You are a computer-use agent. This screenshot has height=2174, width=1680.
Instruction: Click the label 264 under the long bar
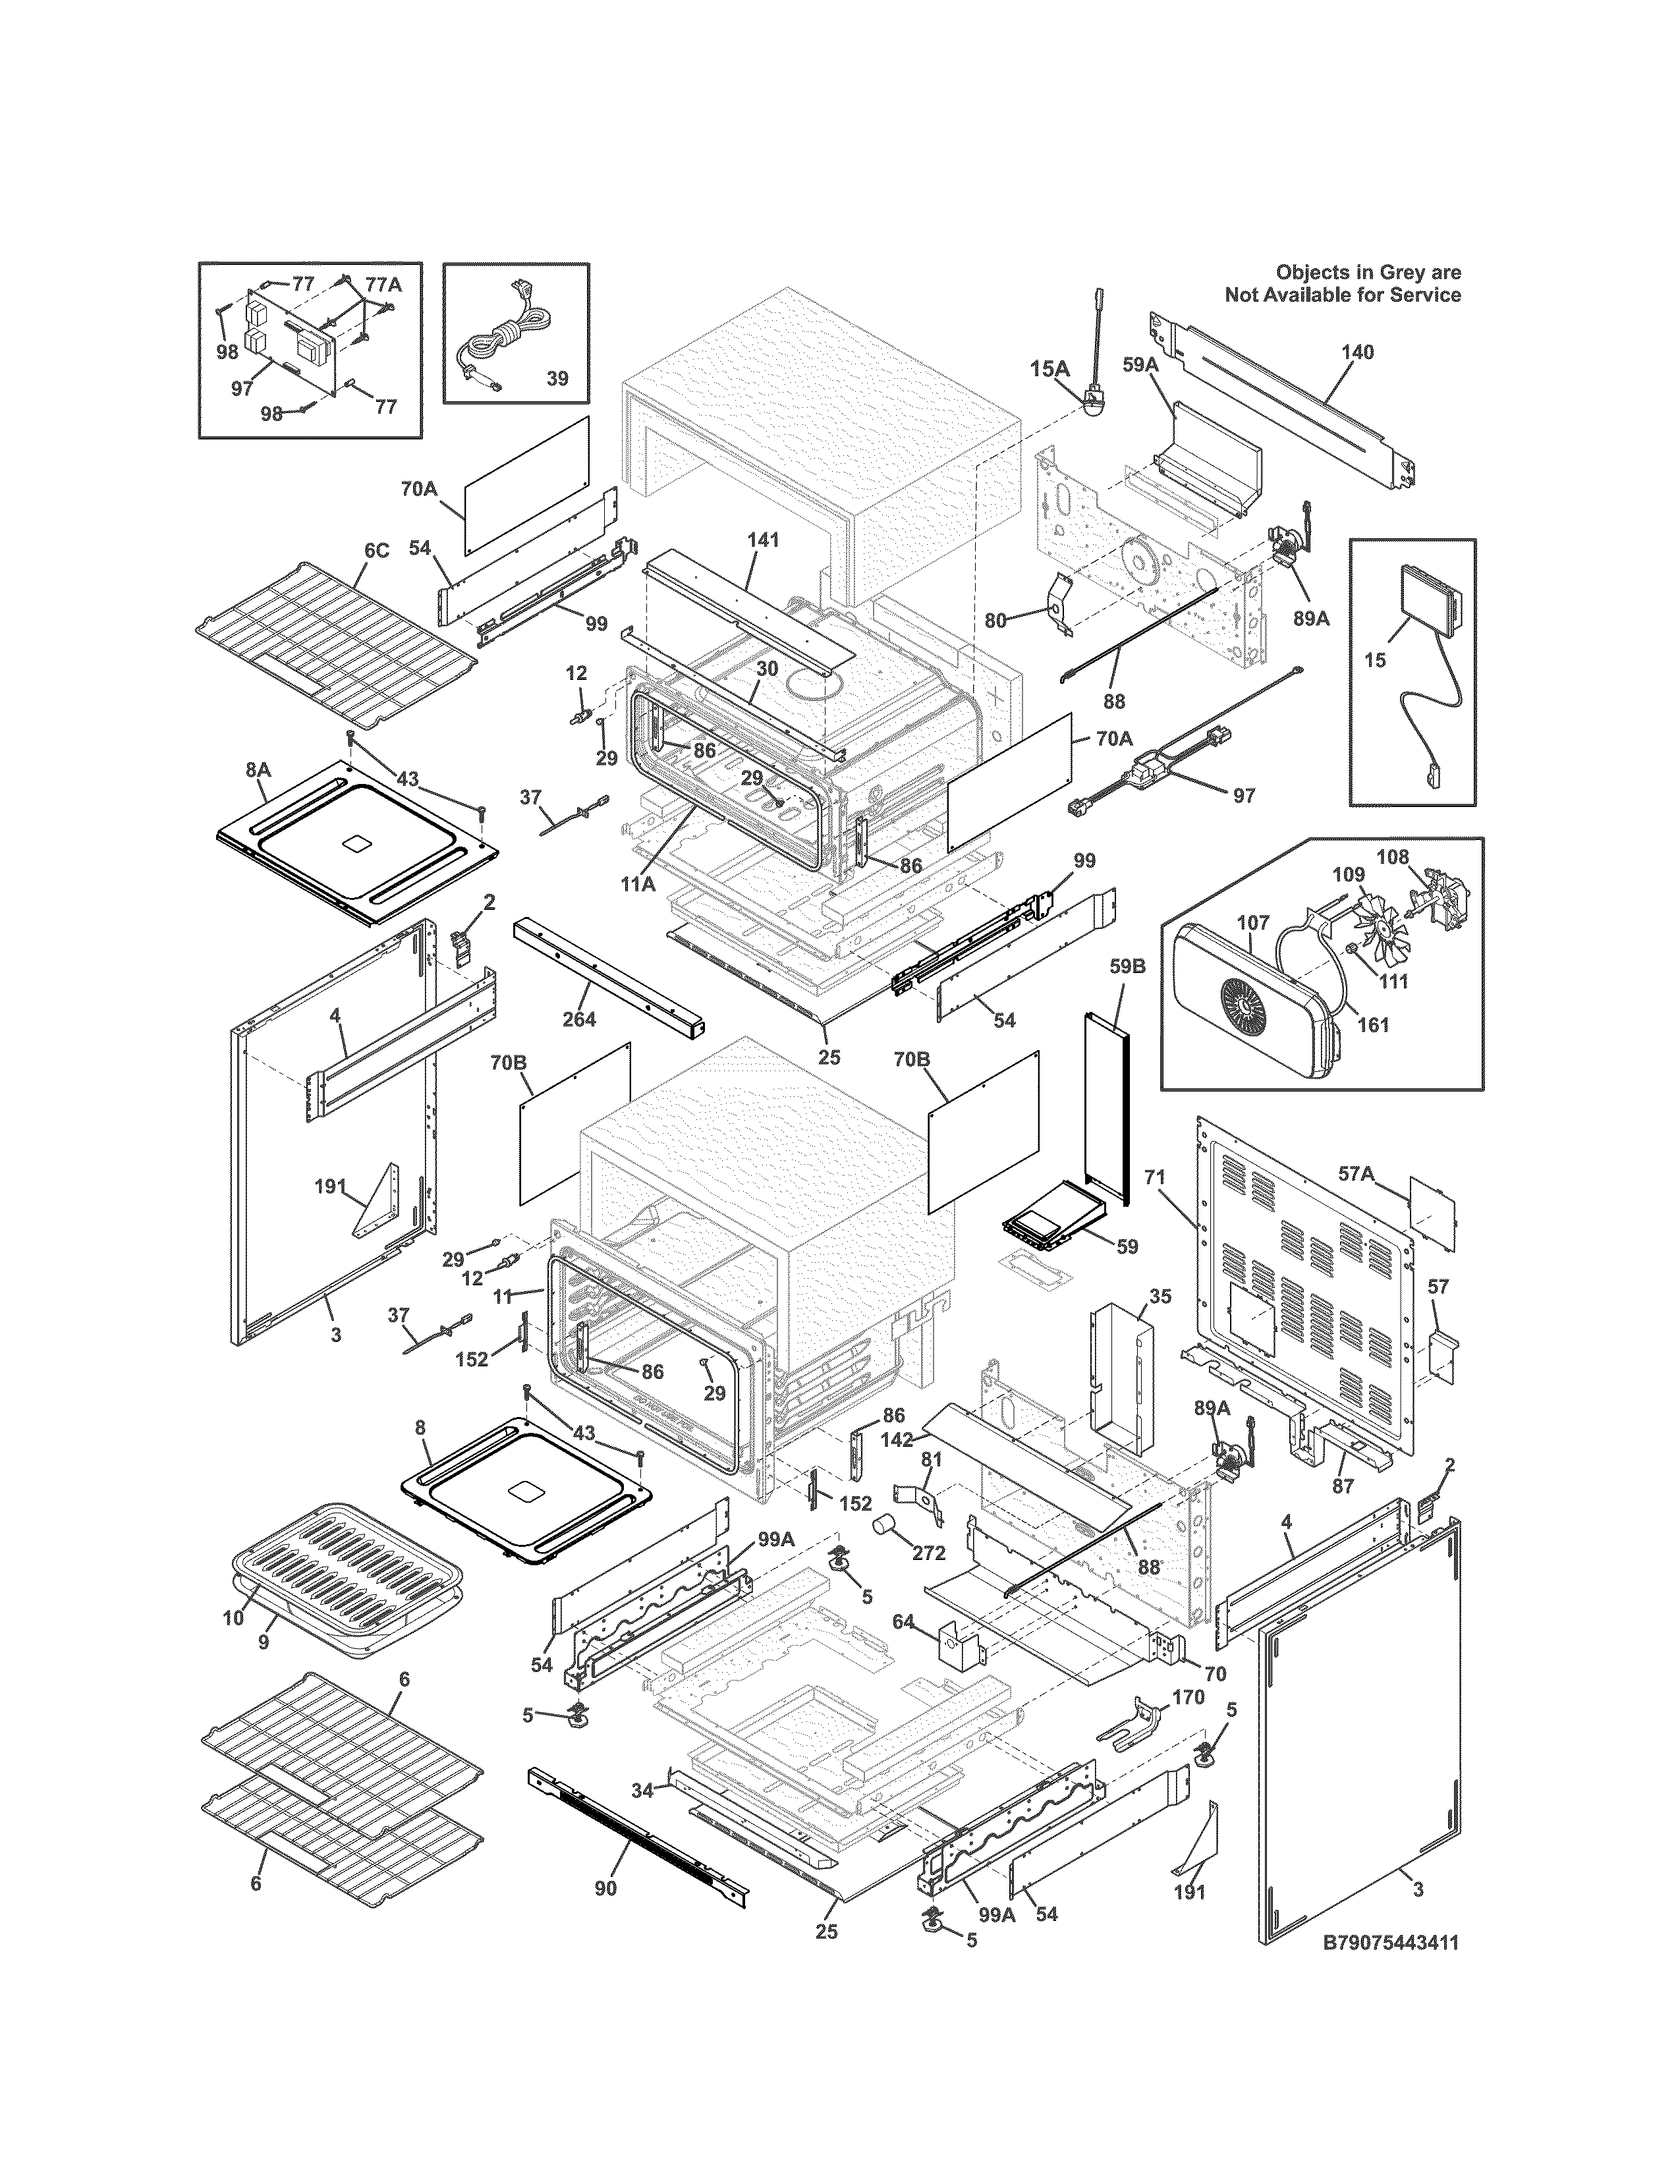tap(579, 1018)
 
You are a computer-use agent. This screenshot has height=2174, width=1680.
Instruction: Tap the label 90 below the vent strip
tap(605, 1888)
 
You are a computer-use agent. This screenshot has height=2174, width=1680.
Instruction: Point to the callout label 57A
tap(1356, 1175)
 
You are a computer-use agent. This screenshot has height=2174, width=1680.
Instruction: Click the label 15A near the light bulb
tap(1049, 370)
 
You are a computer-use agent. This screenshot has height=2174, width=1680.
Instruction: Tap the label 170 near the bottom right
tap(1189, 1697)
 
